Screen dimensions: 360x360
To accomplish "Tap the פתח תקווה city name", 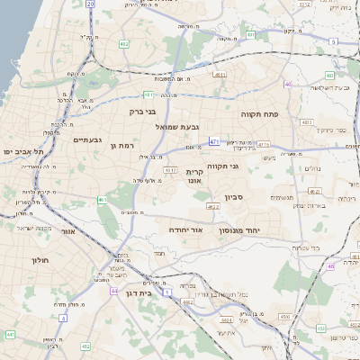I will point(262,115).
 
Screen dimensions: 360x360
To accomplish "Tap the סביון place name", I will point(236,195).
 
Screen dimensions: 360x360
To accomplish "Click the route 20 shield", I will point(90,4).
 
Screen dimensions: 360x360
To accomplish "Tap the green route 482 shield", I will point(123,42).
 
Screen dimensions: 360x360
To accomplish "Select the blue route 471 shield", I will point(213,141).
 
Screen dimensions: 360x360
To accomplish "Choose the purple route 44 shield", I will point(114,291).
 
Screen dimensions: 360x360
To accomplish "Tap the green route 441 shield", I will point(11,334).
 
